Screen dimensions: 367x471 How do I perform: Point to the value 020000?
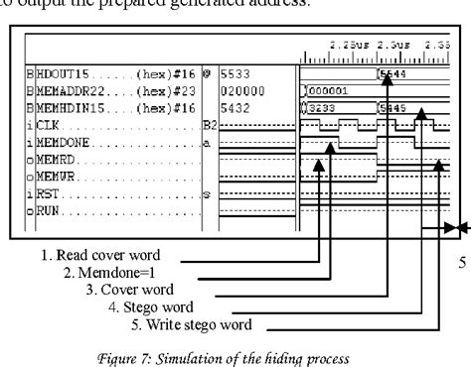239,87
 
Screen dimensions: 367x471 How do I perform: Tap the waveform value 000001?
326,88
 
